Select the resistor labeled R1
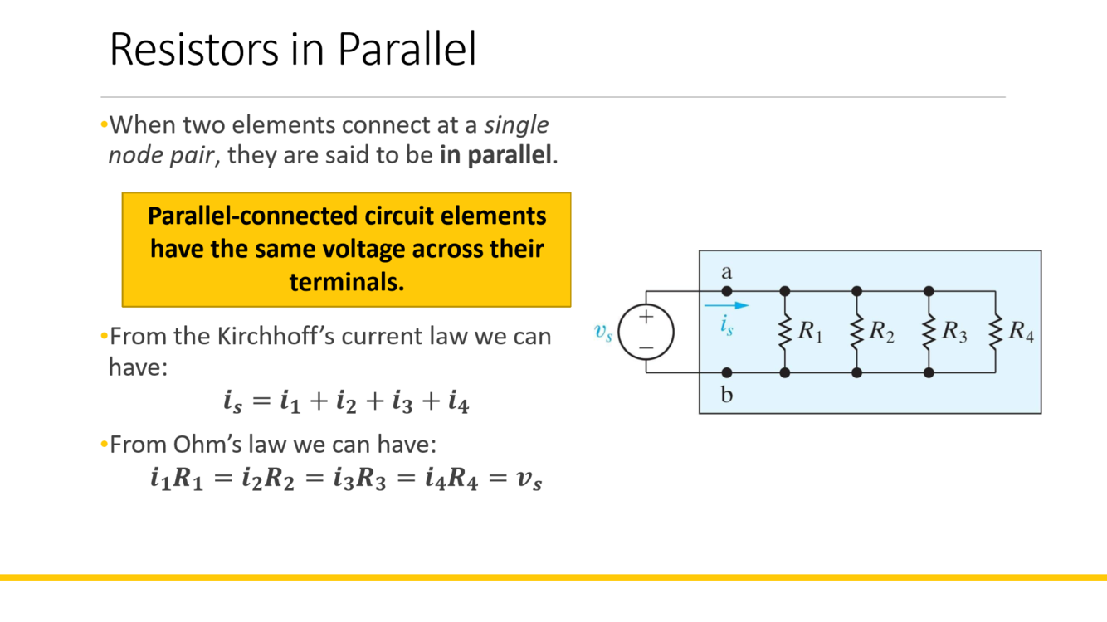785,332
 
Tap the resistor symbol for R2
857,332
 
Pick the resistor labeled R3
929,332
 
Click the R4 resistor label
1021,332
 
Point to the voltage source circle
646,332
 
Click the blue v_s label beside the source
603,333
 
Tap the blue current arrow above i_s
726,305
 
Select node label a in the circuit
727,272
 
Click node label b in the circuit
727,395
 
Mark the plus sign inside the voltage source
646,317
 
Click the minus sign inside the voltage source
646,347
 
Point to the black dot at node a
727,291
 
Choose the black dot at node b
727,373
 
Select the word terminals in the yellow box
346,282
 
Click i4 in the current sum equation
458,402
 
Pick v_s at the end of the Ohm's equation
529,479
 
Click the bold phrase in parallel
495,155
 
